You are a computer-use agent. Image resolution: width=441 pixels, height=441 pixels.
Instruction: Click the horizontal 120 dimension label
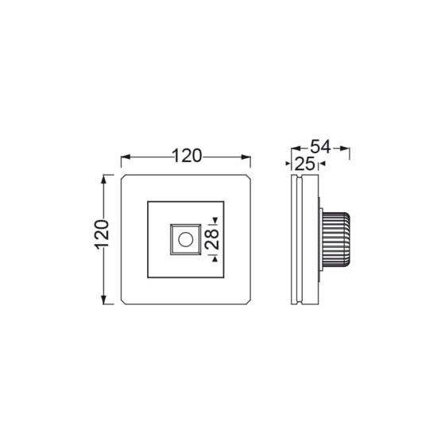[x=187, y=156]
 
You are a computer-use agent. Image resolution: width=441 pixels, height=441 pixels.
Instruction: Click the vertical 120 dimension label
[x=102, y=235]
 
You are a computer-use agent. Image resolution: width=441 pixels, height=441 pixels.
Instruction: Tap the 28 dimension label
[x=212, y=239]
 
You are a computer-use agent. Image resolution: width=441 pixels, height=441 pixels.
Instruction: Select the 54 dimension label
[x=320, y=147]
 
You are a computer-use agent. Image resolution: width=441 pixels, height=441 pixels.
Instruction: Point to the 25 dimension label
[x=305, y=164]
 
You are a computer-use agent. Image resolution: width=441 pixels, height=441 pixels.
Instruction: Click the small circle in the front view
[x=186, y=240]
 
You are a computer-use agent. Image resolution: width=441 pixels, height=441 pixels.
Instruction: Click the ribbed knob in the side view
[x=336, y=239]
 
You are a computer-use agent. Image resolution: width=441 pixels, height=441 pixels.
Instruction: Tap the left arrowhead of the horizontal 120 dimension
[x=126, y=157]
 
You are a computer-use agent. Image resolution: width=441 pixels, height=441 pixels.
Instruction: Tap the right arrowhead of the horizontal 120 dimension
[x=246, y=157]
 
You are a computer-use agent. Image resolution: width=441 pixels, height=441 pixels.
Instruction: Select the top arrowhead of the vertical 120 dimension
[x=104, y=180]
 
